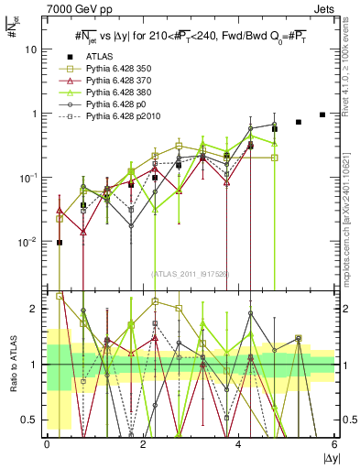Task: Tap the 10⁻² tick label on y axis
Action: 28,242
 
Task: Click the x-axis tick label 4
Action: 239,445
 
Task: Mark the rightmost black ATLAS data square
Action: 322,115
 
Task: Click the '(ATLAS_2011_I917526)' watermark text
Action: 190,274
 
